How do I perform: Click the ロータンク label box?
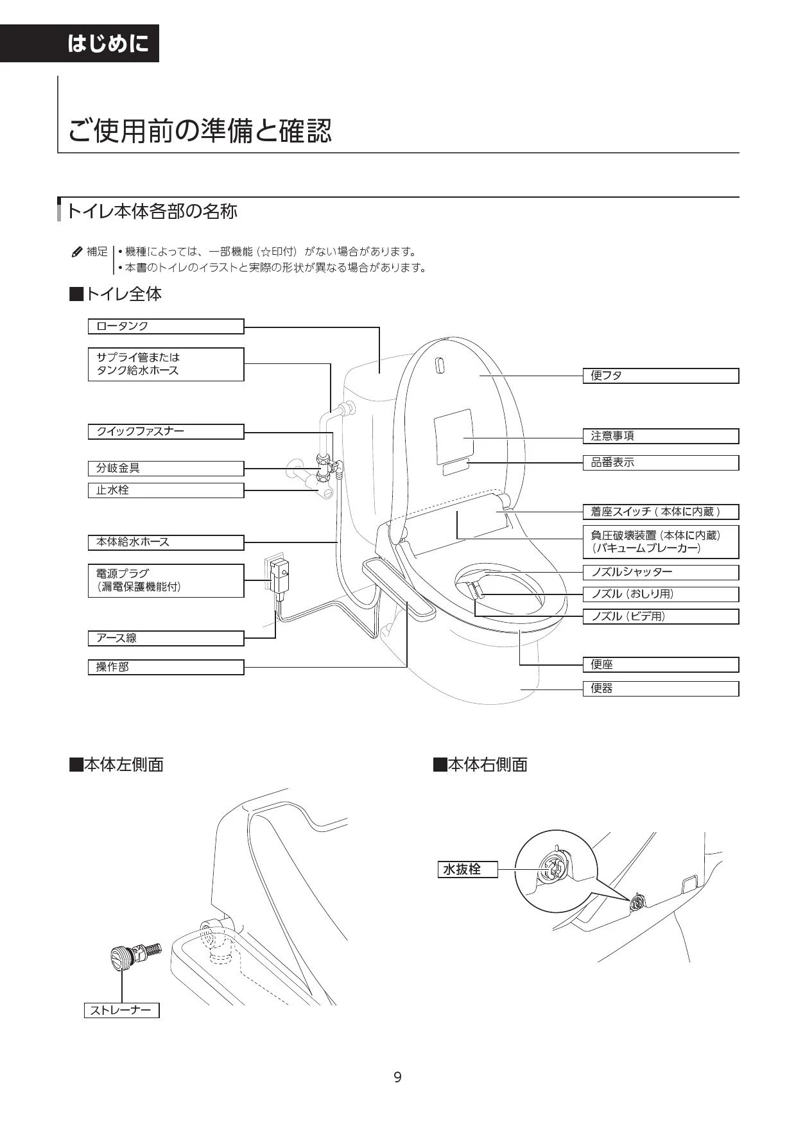pyautogui.click(x=166, y=326)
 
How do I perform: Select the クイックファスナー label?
pyautogui.click(x=166, y=431)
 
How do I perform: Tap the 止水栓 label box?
pyautogui.click(x=166, y=490)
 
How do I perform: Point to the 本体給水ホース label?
pyautogui.click(x=166, y=542)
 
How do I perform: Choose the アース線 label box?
pyautogui.click(x=166, y=638)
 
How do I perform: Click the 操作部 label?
pyautogui.click(x=166, y=667)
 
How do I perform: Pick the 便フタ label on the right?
pyautogui.click(x=661, y=376)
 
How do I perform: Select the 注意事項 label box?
pyautogui.click(x=661, y=436)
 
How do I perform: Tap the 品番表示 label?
pyautogui.click(x=661, y=462)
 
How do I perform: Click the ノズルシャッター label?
pyautogui.click(x=661, y=572)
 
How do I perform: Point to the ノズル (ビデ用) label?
pyautogui.click(x=661, y=616)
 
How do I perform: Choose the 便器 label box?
pyautogui.click(x=661, y=689)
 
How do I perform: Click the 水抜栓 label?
pyautogui.click(x=467, y=869)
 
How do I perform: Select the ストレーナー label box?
pyautogui.click(x=121, y=1010)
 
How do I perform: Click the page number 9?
pyautogui.click(x=398, y=1077)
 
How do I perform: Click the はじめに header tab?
pyautogui.click(x=80, y=43)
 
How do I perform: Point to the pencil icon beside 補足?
pyautogui.click(x=77, y=252)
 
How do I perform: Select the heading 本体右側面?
pyautogui.click(x=480, y=765)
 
